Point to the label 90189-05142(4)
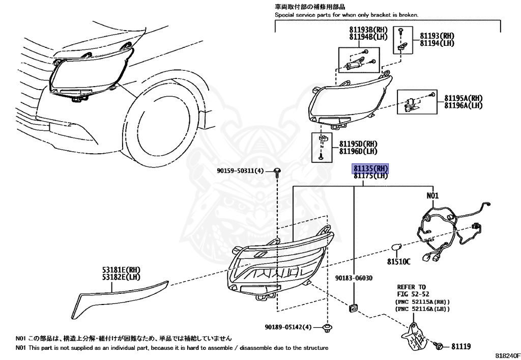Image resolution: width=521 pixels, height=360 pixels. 287,327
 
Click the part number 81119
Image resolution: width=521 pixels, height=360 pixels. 460,347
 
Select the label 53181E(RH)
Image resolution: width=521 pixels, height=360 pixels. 120,270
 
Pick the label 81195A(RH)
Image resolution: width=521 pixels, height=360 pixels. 463,98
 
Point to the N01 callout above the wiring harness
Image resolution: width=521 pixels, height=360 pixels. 432,196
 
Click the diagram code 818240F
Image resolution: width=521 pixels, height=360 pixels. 505,355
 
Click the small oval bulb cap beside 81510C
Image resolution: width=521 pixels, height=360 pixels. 396,249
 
